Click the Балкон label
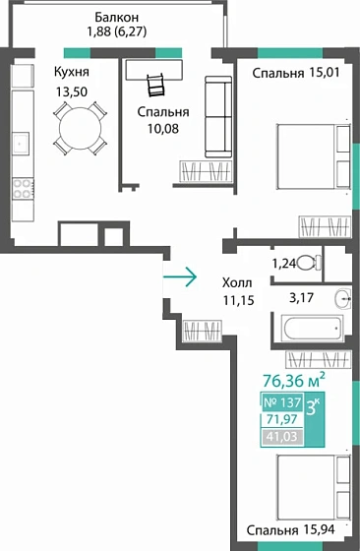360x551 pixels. coord(116,18)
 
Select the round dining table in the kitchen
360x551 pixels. coord(76,127)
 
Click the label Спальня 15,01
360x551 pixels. coord(293,72)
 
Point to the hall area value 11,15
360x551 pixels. coord(241,300)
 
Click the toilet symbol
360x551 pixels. coord(307,262)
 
